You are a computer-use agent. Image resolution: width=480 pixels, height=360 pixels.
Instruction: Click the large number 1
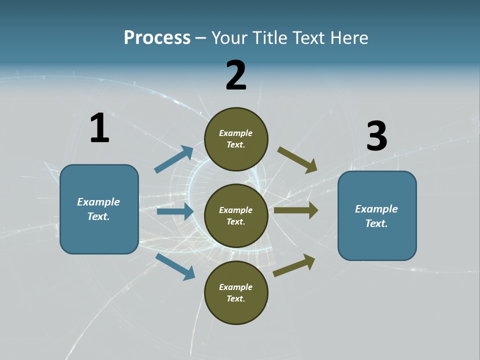(99, 128)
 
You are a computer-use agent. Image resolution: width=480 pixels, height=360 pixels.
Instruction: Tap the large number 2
(236, 75)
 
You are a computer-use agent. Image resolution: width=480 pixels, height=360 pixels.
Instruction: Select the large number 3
(376, 136)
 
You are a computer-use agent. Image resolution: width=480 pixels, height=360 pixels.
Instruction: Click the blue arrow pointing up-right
(174, 159)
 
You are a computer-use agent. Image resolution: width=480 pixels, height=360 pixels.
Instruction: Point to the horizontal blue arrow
(175, 211)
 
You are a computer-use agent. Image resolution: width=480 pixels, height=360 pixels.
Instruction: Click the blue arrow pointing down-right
(175, 266)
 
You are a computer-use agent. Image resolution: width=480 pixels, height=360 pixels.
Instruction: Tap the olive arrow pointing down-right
(297, 159)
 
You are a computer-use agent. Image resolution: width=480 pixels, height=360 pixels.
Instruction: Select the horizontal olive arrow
(296, 210)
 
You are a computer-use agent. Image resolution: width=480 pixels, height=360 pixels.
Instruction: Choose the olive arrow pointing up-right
(294, 265)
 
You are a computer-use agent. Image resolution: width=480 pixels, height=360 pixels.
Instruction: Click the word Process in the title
(157, 37)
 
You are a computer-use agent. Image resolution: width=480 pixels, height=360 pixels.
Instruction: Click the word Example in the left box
(98, 202)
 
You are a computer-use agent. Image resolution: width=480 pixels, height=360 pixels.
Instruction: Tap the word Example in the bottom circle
(235, 287)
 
